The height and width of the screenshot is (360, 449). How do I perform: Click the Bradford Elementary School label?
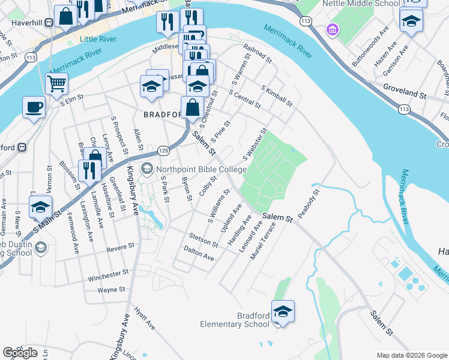[235, 320]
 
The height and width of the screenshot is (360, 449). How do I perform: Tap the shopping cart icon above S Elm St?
[56, 83]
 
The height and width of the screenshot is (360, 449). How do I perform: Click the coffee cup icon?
[34, 107]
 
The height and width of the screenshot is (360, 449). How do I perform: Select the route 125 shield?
[163, 149]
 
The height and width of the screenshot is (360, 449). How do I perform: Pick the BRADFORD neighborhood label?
[163, 114]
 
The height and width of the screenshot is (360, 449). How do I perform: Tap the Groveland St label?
[405, 95]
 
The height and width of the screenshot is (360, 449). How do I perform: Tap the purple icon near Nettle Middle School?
[331, 29]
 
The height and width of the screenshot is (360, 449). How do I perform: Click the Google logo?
[20, 352]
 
